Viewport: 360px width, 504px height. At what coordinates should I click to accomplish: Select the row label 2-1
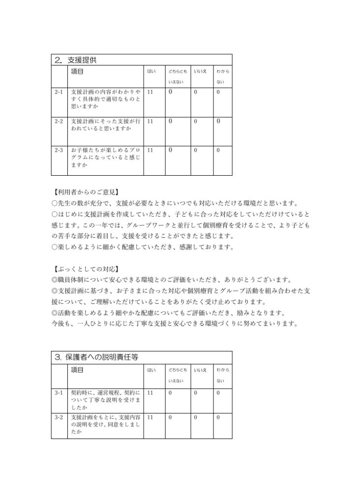coord(59,92)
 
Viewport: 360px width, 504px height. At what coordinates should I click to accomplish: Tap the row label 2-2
coord(59,121)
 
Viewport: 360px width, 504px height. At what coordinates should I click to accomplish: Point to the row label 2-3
coord(59,150)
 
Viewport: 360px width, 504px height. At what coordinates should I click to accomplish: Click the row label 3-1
coord(59,393)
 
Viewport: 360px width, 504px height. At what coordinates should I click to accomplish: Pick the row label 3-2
coord(59,417)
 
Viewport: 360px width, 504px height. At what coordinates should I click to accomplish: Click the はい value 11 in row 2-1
coord(150,92)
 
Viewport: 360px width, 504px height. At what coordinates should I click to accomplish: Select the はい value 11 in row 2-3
coord(150,150)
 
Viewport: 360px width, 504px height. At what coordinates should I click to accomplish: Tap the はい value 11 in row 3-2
coord(150,417)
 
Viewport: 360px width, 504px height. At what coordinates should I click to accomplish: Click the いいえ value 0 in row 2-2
coord(195,121)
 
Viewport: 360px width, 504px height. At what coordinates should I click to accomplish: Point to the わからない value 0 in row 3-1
coord(218,393)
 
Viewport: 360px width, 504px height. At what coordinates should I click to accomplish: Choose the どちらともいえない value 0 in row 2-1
coord(171,92)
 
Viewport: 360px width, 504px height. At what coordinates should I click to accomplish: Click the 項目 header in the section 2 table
coord(77,72)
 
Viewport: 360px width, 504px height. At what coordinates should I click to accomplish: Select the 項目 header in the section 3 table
coord(77,370)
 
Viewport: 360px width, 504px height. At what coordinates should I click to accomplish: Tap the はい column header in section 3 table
coord(151,370)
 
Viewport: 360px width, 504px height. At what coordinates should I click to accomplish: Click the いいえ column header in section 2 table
coord(199,72)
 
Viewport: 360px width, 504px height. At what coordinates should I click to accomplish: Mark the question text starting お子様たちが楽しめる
coord(105,157)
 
